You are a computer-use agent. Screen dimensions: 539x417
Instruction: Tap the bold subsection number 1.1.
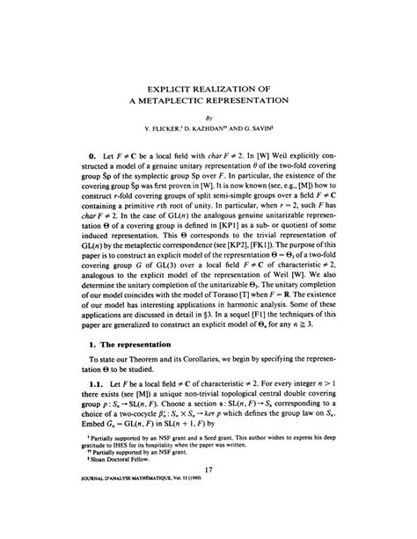[x=96, y=411]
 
